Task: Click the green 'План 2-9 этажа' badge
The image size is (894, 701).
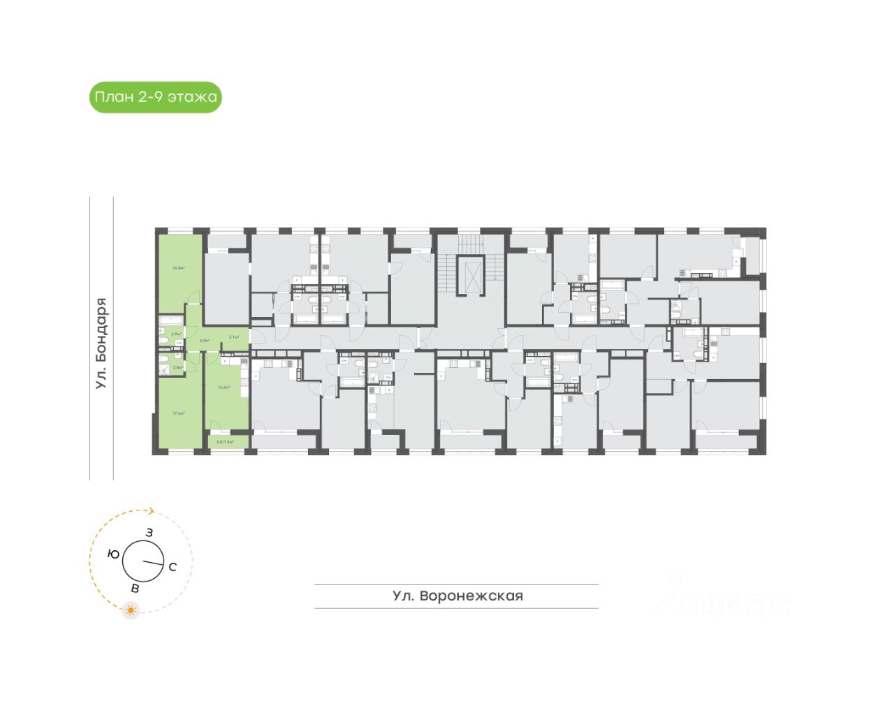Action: click(156, 97)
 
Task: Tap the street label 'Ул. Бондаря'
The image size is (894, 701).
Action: click(102, 343)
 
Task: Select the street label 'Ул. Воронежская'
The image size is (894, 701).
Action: click(457, 596)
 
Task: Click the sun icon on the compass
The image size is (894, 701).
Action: click(131, 610)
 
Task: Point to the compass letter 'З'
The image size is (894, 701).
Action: click(149, 533)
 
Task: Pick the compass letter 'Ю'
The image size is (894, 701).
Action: click(113, 554)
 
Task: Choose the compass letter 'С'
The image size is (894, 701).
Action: click(173, 567)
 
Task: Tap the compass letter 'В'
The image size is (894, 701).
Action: click(135, 588)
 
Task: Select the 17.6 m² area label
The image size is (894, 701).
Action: click(178, 413)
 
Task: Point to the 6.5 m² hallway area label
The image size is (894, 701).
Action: click(205, 341)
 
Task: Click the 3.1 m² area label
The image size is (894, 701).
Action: click(235, 337)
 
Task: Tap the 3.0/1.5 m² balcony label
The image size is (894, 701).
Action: click(223, 442)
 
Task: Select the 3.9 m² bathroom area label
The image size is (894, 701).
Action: click(176, 334)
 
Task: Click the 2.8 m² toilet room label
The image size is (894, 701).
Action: click(177, 367)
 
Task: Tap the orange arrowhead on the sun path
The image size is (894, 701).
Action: click(151, 510)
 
